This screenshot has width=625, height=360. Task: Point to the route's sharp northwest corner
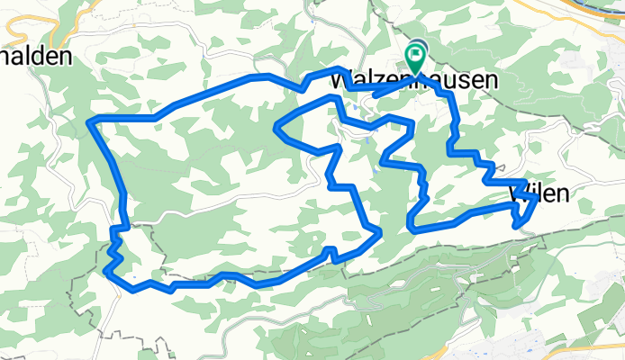click(x=90, y=121)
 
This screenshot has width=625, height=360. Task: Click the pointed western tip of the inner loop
click(x=273, y=130)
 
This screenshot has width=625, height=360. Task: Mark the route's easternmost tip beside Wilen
click(x=538, y=196)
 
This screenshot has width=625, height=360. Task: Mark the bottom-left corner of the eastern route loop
click(x=412, y=229)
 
